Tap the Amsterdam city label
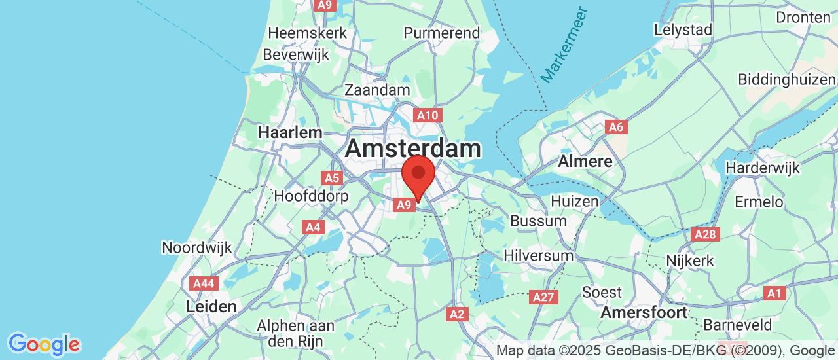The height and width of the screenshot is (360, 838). [x=412, y=149]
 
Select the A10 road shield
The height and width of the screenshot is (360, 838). [x=428, y=116]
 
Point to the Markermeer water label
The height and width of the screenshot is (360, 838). [x=564, y=45]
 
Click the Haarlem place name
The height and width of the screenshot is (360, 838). [x=290, y=132]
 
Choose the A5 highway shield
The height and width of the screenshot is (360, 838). [x=332, y=178]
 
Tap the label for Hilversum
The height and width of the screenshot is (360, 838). [x=538, y=255]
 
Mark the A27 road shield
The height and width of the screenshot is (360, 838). [x=543, y=297]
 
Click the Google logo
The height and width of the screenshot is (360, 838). [x=44, y=344]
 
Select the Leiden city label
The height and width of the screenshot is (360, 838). [x=211, y=306]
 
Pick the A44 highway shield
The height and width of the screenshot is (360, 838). [x=203, y=283]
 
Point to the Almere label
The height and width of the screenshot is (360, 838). [x=585, y=161]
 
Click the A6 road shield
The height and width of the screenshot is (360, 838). [x=615, y=127]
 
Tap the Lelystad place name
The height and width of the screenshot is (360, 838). [x=683, y=30]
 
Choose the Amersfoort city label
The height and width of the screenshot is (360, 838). [x=644, y=312]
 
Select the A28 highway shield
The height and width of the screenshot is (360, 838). [x=705, y=234]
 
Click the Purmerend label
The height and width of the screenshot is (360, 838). [x=441, y=33]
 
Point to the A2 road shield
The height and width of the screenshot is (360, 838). [x=457, y=314]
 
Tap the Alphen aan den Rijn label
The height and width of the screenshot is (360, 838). [x=295, y=333]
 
